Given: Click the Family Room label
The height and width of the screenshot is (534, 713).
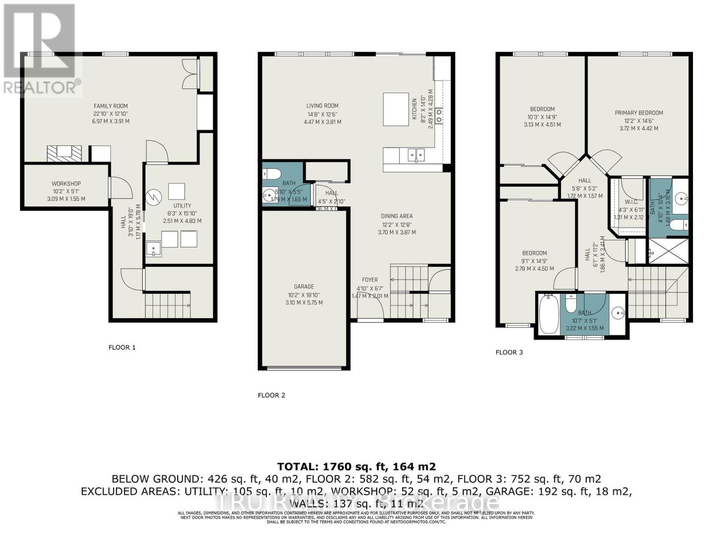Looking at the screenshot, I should (111, 106).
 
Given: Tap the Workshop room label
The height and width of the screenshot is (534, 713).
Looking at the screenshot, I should (66, 183).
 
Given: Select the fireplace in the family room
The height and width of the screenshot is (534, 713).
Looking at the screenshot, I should (65, 154).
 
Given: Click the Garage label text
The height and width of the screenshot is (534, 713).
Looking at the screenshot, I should (304, 287).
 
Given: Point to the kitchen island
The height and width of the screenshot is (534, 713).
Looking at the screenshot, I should (396, 109).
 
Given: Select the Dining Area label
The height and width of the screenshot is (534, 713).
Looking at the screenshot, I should (397, 216).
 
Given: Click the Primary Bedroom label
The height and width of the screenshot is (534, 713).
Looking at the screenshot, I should (639, 113).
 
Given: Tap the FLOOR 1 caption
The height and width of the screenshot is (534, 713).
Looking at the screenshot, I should (122, 347).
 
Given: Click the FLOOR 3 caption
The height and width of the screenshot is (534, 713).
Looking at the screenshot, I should (509, 352).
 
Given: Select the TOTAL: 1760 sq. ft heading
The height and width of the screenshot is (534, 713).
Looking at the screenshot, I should (356, 466).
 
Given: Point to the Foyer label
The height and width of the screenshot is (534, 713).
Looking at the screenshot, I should (369, 280).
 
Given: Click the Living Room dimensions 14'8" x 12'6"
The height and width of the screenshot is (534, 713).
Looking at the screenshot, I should (322, 114).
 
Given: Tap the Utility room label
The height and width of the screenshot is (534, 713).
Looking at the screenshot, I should (182, 206).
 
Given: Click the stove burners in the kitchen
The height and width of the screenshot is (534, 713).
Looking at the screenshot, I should (439, 116).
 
